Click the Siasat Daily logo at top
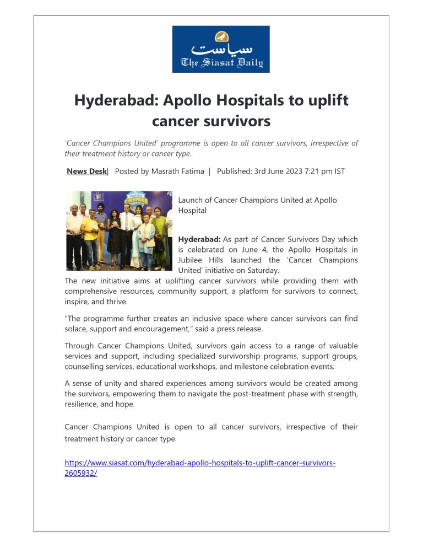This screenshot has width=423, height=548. [x=221, y=49]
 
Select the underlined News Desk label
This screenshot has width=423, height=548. [x=86, y=171]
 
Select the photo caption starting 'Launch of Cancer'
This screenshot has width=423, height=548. [x=257, y=205]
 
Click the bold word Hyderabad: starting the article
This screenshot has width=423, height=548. [x=199, y=239]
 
